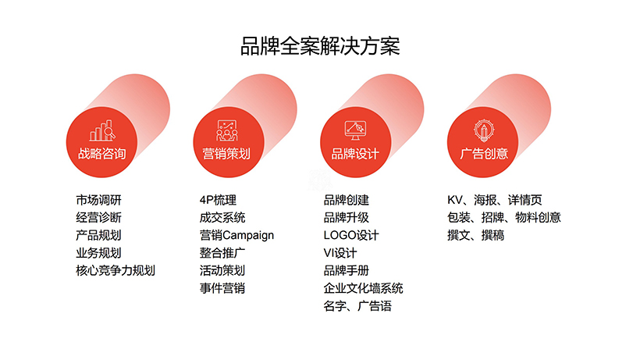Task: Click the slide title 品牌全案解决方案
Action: tap(320, 46)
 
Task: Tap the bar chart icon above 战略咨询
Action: tap(102, 130)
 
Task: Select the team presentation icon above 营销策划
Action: tap(227, 130)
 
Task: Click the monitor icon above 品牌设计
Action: tap(355, 130)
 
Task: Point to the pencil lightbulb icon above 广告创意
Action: tap(484, 130)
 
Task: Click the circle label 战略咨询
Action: tap(101, 154)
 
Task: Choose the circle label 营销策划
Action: tap(226, 154)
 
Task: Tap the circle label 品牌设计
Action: tap(355, 154)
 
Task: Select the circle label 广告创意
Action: tap(484, 154)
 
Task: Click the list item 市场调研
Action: tap(99, 200)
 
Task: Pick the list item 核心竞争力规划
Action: tap(116, 270)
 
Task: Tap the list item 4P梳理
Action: tap(218, 200)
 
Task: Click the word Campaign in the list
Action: tap(248, 236)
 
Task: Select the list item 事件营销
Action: tap(222, 288)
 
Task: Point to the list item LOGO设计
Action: tap(351, 235)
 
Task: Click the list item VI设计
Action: tap(340, 253)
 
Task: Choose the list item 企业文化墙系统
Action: tap(363, 288)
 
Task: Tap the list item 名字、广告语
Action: tap(357, 305)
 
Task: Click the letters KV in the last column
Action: tap(455, 200)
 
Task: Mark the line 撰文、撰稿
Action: tap(475, 235)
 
